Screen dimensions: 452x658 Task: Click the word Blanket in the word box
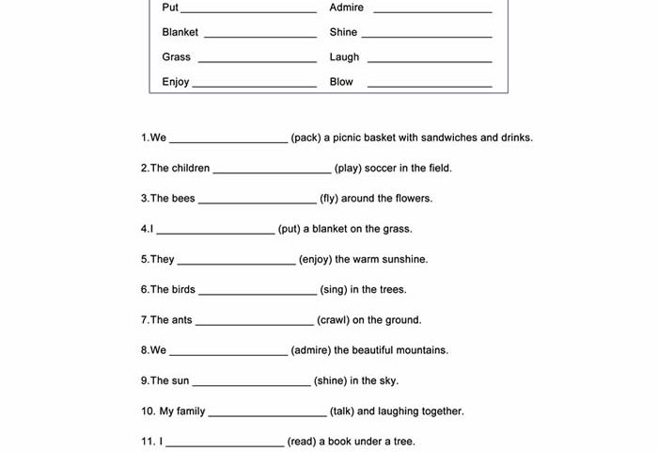click(180, 32)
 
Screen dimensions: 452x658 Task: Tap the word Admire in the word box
click(346, 8)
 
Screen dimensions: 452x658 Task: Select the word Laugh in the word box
click(344, 57)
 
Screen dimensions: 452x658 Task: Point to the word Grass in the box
click(176, 57)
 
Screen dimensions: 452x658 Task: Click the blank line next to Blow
click(430, 85)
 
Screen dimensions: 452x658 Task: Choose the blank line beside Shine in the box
click(427, 36)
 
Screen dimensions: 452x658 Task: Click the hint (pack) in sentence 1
click(306, 137)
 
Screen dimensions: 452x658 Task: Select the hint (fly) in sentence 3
click(329, 199)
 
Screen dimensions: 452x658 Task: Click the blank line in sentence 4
click(215, 232)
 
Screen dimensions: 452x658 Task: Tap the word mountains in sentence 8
click(421, 350)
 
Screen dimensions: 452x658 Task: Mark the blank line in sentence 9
click(251, 384)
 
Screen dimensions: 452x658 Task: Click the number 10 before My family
click(148, 412)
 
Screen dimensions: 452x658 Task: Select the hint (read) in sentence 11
click(302, 442)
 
